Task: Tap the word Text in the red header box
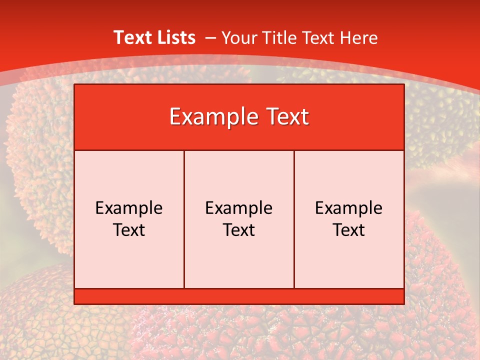(x=285, y=117)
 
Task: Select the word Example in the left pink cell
(x=129, y=208)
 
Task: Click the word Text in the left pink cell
(x=129, y=230)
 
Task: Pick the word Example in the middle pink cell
(x=239, y=208)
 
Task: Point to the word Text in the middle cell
(x=239, y=230)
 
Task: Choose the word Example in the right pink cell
(x=349, y=208)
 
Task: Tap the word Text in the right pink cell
(x=349, y=230)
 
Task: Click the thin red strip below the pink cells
(x=239, y=296)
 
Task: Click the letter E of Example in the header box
(x=175, y=117)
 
